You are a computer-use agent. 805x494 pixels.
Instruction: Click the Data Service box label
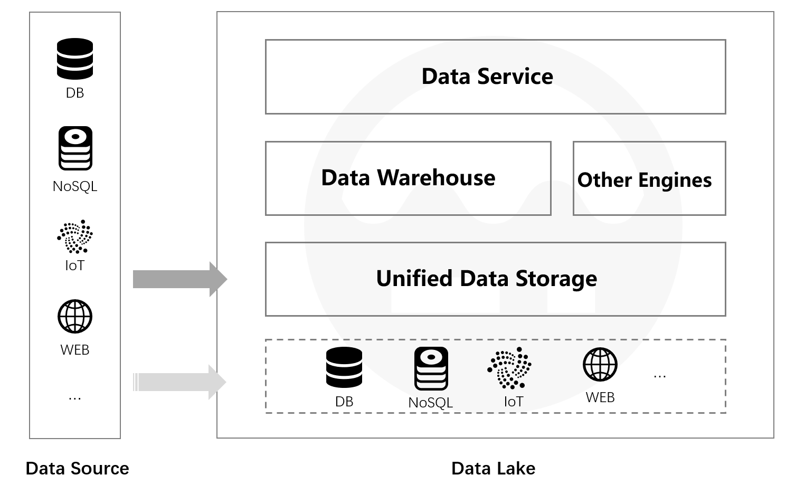487,77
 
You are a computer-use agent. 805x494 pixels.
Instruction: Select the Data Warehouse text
408,178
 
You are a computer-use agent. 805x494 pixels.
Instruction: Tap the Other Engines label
644,180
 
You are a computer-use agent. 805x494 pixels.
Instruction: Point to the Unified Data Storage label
486,279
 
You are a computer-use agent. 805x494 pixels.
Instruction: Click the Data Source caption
77,468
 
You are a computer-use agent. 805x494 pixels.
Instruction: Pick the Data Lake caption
493,468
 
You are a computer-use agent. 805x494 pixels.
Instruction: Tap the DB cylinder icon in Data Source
75,59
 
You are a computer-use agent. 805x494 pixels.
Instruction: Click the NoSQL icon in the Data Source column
75,148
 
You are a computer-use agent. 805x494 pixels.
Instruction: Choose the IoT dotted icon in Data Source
75,236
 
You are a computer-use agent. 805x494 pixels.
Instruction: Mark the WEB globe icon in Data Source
75,317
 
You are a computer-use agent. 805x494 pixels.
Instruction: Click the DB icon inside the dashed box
344,367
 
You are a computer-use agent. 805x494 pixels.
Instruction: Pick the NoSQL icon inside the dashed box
431,368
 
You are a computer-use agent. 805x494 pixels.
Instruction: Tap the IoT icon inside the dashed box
509,367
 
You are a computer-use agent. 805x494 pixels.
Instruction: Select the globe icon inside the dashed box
600,364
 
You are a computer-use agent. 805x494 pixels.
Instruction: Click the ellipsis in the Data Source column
75,397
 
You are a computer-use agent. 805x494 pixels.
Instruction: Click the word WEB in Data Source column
75,350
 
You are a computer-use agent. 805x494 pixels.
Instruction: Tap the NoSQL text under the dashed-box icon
431,403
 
